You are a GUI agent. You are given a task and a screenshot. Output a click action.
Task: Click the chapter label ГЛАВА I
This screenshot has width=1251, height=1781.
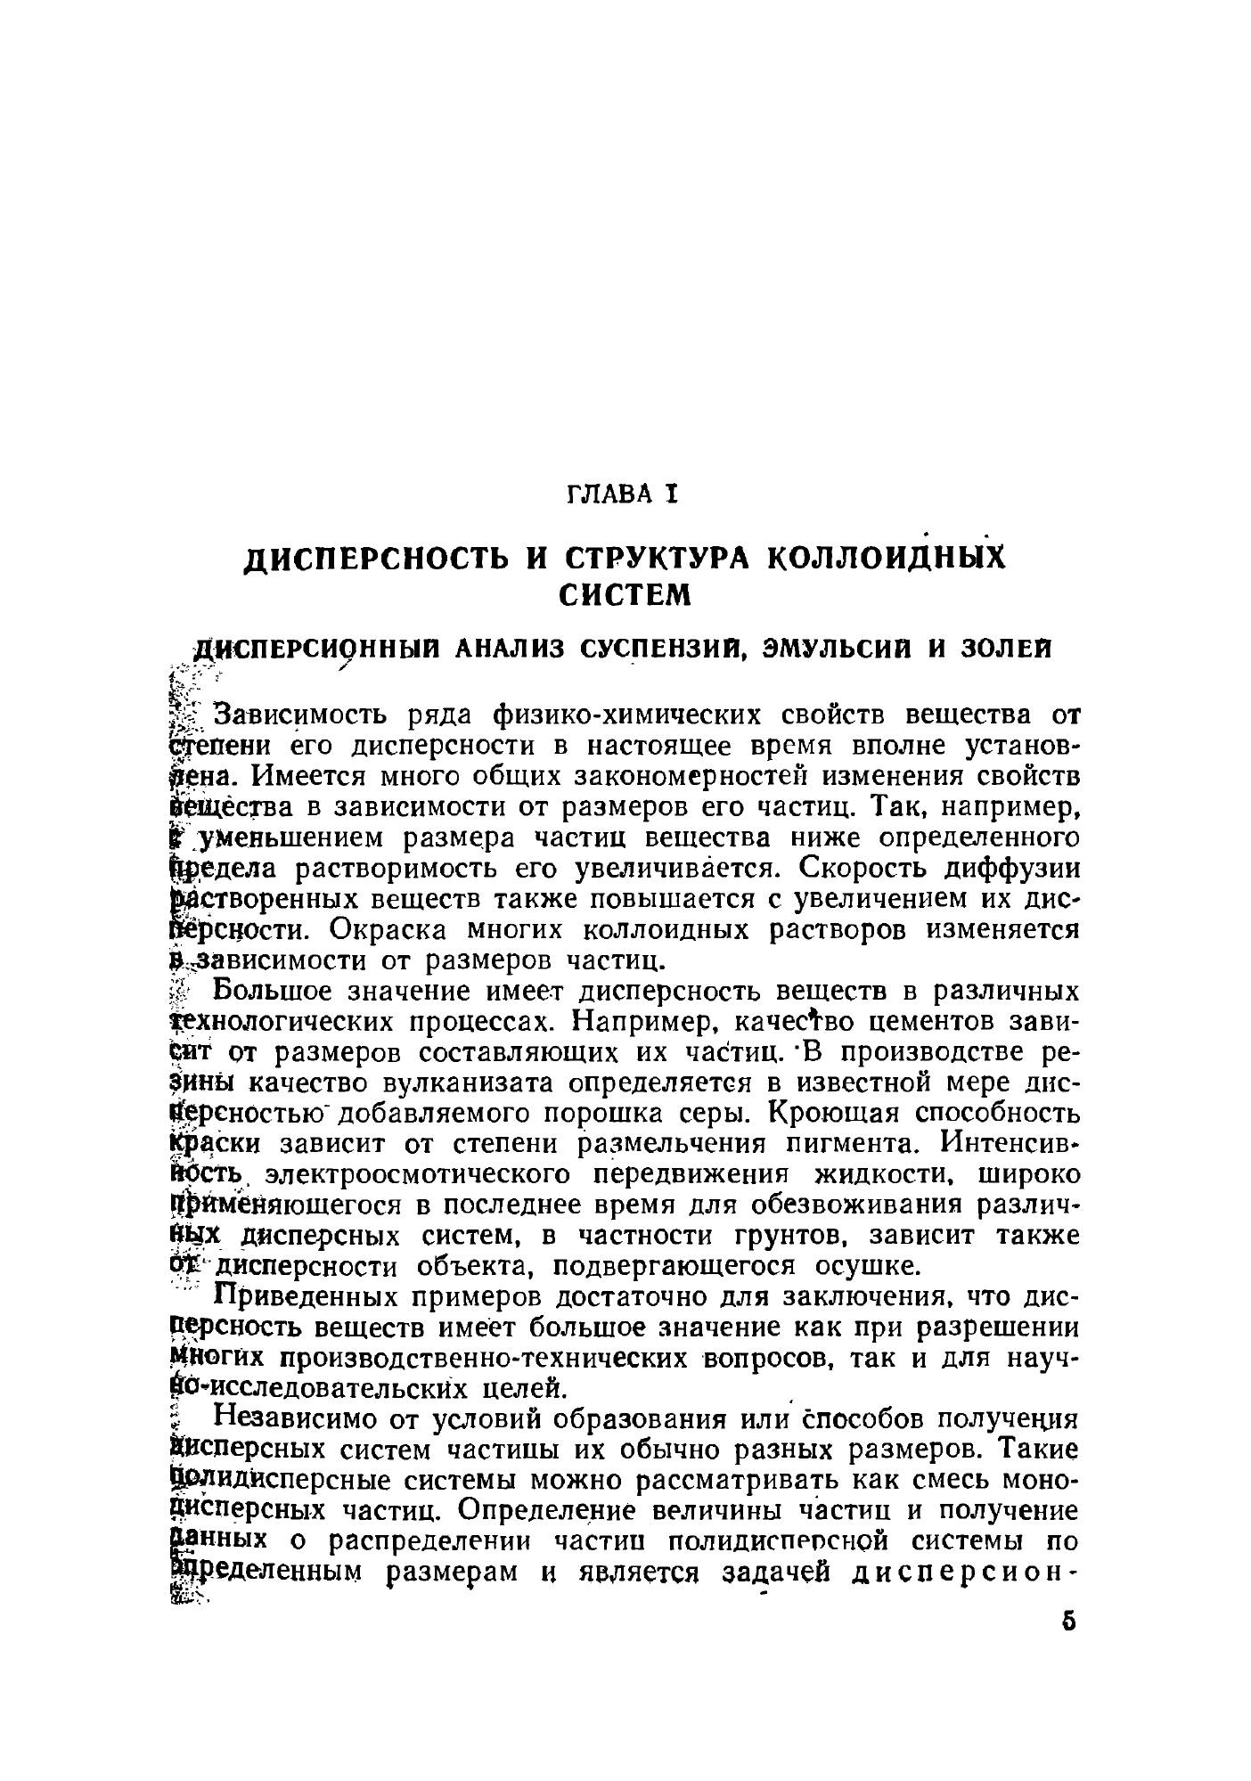(624, 493)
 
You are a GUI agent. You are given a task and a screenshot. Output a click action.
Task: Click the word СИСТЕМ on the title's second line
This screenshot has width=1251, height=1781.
(624, 594)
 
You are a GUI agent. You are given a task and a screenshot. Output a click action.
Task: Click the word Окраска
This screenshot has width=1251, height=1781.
(392, 930)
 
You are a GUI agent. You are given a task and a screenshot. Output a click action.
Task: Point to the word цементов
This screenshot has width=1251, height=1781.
(933, 1020)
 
